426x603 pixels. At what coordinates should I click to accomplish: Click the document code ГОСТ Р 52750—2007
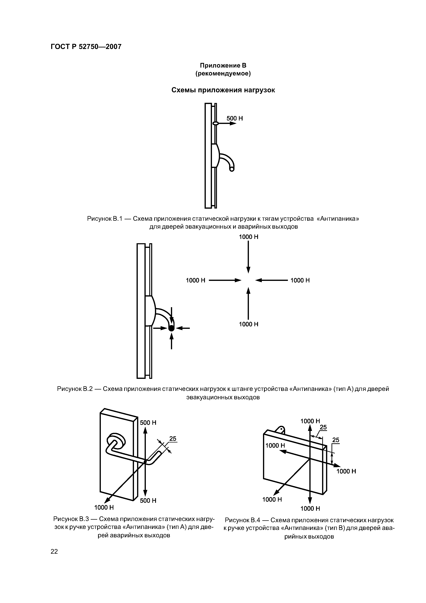click(86, 47)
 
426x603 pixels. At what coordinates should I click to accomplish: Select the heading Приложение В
click(223, 65)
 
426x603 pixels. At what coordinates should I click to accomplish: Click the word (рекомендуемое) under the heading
click(223, 74)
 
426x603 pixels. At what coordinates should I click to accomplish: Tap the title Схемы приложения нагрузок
click(223, 90)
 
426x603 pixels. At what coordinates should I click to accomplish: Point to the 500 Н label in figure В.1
click(235, 118)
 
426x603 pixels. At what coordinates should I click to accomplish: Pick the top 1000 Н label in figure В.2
click(249, 237)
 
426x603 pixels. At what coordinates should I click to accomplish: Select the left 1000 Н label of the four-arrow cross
click(195, 281)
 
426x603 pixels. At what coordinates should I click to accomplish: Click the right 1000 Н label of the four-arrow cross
click(300, 281)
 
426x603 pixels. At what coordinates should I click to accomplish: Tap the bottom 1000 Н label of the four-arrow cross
click(249, 324)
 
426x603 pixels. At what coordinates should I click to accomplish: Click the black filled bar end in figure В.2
click(171, 328)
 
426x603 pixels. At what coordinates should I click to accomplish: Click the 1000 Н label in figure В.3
click(104, 508)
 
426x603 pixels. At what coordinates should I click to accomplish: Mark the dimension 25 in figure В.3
click(173, 439)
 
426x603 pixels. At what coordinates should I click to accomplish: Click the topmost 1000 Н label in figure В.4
click(310, 421)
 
